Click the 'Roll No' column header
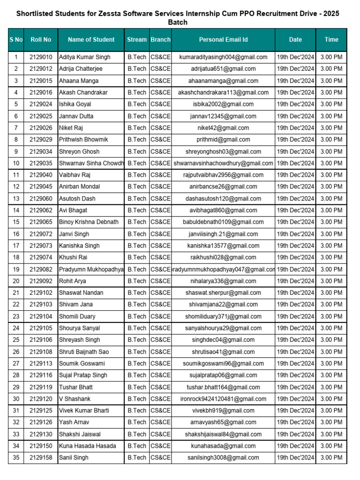pyautogui.click(x=41, y=40)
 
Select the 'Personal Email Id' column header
pyautogui.click(x=223, y=40)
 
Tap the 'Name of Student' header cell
pyautogui.click(x=91, y=40)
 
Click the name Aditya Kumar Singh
pyautogui.click(x=85, y=57)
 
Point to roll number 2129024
pyautogui.click(x=41, y=104)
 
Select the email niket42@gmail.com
pyautogui.click(x=223, y=128)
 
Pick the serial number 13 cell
pyautogui.click(x=16, y=199)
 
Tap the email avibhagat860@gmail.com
pyautogui.click(x=223, y=210)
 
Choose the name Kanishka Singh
pyautogui.click(x=79, y=246)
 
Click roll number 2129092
pyautogui.click(x=41, y=281)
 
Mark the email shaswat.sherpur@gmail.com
pyautogui.click(x=223, y=293)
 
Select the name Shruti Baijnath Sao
pyautogui.click(x=84, y=352)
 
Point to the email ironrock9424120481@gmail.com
pyautogui.click(x=223, y=399)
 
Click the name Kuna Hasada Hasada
pyautogui.click(x=87, y=446)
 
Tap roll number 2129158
pyautogui.click(x=41, y=458)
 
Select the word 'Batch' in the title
pyautogui.click(x=178, y=22)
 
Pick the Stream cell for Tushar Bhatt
pyautogui.click(x=137, y=387)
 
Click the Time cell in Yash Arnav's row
pyautogui.click(x=331, y=422)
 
